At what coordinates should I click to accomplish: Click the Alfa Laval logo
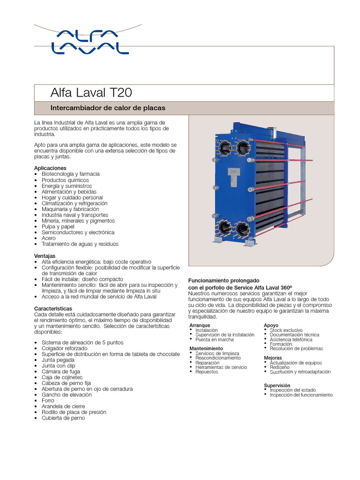pyautogui.click(x=90, y=42)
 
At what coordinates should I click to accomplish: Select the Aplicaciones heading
pyautogui.click(x=50, y=168)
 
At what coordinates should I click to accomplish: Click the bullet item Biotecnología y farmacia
pyautogui.click(x=70, y=174)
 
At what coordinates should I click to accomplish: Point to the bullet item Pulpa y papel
pyautogui.click(x=58, y=226)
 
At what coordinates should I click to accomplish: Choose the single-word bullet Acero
pyautogui.click(x=48, y=238)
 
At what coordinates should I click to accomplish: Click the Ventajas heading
pyautogui.click(x=45, y=255)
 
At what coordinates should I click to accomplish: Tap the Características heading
pyautogui.click(x=53, y=308)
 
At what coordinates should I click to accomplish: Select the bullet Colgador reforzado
pyautogui.click(x=64, y=348)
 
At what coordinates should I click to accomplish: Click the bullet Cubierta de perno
pyautogui.click(x=63, y=418)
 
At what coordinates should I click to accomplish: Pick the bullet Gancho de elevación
pyautogui.click(x=67, y=395)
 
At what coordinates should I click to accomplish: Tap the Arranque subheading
pyautogui.click(x=200, y=325)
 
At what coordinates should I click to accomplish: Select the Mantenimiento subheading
pyautogui.click(x=206, y=348)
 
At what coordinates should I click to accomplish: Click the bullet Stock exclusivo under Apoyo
pyautogui.click(x=286, y=330)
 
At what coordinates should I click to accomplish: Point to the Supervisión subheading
pyautogui.click(x=277, y=385)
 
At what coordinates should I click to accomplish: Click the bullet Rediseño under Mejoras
pyautogui.click(x=279, y=367)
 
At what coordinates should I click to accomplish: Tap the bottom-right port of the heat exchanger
pyautogui.click(x=242, y=229)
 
